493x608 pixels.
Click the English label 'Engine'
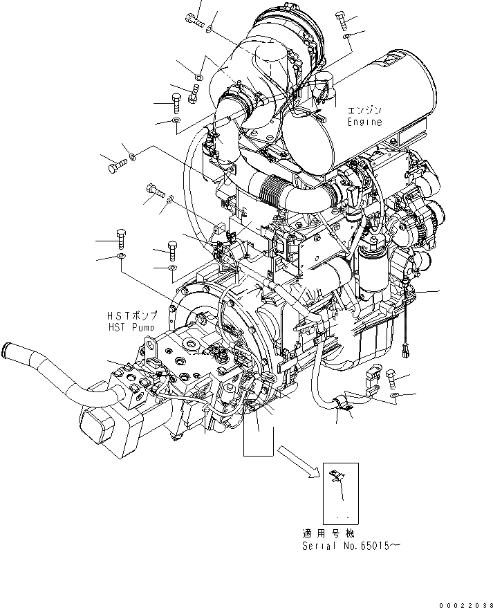click(x=364, y=122)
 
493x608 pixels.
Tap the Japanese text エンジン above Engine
click(x=364, y=110)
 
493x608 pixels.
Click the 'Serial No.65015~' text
click(x=351, y=546)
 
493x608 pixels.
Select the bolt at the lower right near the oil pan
click(x=391, y=377)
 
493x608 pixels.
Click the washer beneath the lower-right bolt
click(x=394, y=395)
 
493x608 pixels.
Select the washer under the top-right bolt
click(x=351, y=37)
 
